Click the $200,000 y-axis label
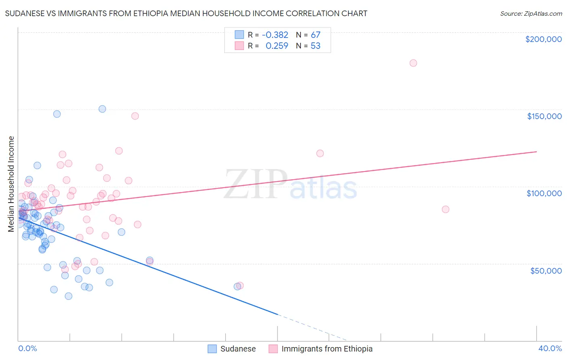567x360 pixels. (x=543, y=39)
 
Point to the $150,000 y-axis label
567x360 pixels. (x=544, y=116)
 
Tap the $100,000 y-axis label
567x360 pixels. (x=544, y=193)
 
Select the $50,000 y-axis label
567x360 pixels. (x=546, y=270)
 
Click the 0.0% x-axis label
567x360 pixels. (x=27, y=348)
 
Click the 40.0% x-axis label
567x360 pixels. (x=550, y=348)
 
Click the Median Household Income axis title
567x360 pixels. (x=11, y=184)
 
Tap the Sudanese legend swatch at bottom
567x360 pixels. (x=213, y=349)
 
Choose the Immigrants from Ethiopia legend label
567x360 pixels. (x=327, y=349)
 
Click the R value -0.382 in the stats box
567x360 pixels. (x=275, y=35)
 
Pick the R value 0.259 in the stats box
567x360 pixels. (x=277, y=46)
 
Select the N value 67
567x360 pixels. (x=315, y=35)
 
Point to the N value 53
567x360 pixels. (x=315, y=46)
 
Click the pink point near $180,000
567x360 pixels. (x=413, y=63)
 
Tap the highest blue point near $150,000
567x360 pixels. (x=102, y=109)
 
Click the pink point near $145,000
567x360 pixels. (x=135, y=116)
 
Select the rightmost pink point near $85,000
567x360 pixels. (x=445, y=209)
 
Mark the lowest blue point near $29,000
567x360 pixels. (x=69, y=296)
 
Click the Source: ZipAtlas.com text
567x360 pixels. (x=531, y=14)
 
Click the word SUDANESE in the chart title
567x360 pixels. (x=25, y=14)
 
